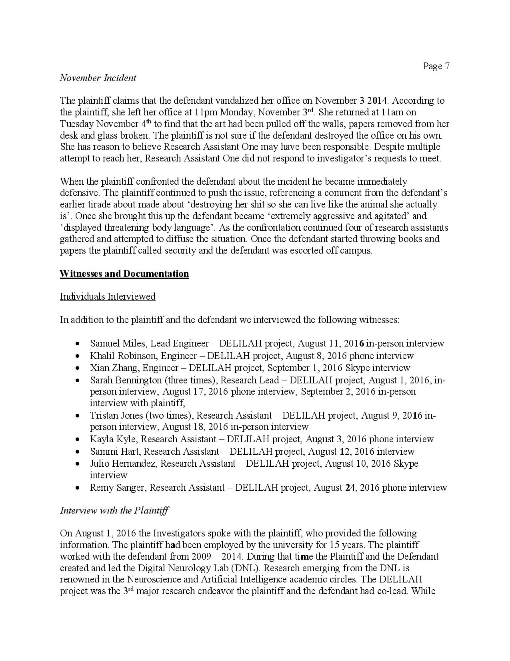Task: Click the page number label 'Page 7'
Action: (436, 66)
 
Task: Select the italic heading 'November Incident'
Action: (98, 78)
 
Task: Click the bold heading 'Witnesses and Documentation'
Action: (124, 274)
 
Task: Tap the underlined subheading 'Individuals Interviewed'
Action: (108, 296)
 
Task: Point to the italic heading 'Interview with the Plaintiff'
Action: (114, 510)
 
